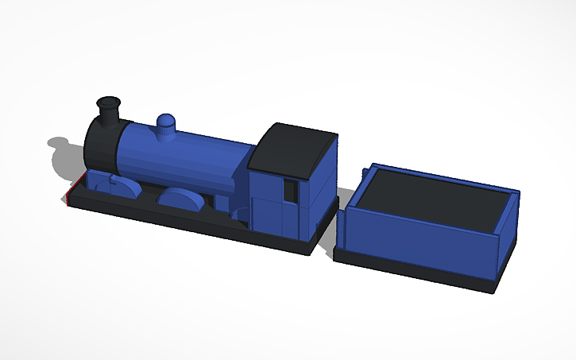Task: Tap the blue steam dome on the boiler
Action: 167,126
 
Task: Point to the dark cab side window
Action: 291,193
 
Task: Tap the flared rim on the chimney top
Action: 109,103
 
